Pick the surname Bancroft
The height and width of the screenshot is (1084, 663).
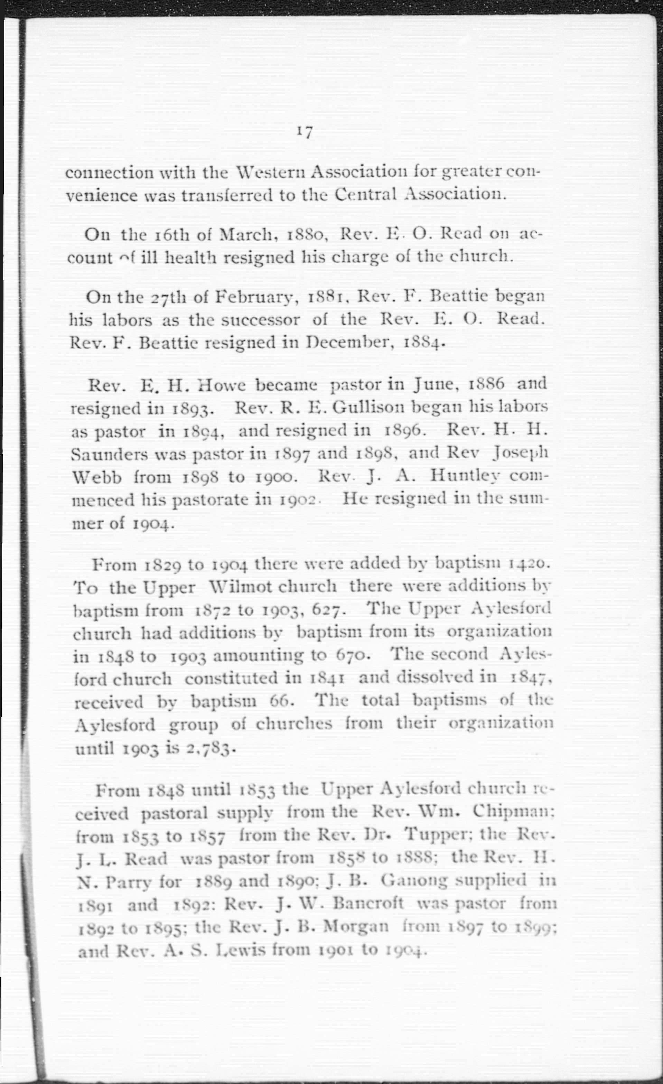(x=368, y=903)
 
